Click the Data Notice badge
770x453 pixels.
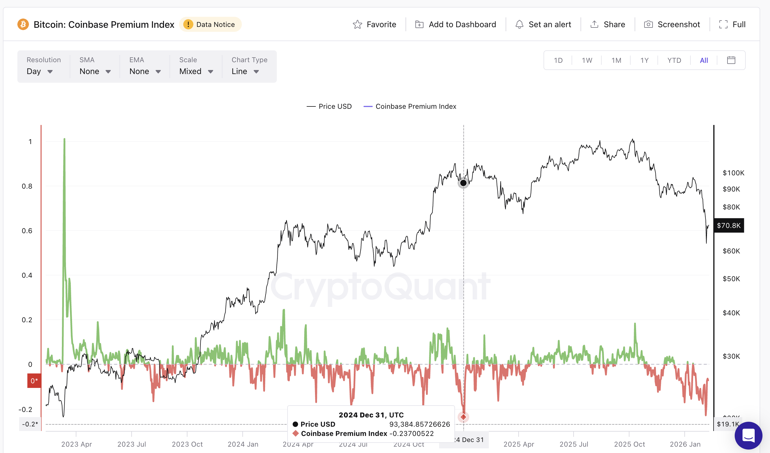click(210, 25)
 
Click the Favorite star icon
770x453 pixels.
click(357, 25)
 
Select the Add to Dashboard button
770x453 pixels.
click(455, 25)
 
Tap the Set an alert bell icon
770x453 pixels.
click(519, 25)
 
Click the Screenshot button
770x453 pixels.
click(672, 25)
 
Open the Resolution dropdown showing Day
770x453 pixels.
click(40, 71)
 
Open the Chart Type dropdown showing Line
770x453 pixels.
click(245, 71)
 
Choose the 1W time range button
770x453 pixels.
click(587, 60)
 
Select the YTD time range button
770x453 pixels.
click(674, 60)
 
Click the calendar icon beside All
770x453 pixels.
click(731, 60)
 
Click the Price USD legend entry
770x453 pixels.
click(329, 106)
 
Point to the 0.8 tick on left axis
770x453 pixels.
click(27, 186)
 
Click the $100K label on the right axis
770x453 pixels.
click(733, 173)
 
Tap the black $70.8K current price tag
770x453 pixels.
click(728, 226)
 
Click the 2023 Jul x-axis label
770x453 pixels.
click(131, 444)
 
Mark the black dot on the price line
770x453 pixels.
click(463, 183)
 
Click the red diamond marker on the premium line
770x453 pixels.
click(463, 417)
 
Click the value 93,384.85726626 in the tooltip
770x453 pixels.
click(419, 424)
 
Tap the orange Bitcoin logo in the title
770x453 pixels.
click(23, 25)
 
